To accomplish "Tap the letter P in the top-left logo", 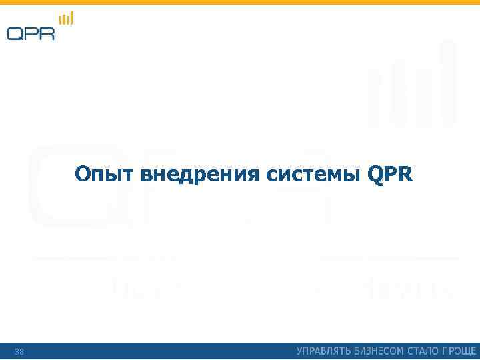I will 31,33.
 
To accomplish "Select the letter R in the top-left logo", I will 47,33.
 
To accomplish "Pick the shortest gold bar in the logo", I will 60,22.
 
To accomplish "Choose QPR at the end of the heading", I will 390,175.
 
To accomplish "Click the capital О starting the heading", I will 83,175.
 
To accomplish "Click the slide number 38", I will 19,351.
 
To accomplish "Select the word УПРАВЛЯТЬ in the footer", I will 325,351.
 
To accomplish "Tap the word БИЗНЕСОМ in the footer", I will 382,351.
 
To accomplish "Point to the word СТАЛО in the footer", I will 427,351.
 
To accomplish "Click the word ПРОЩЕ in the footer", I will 460,351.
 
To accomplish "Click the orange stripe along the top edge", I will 240,2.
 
